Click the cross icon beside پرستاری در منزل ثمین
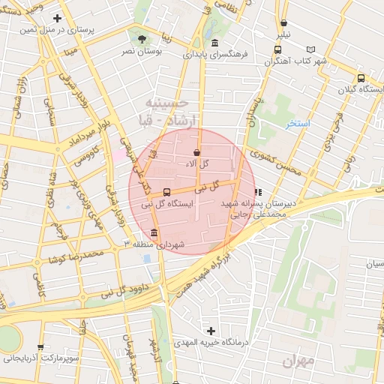click(x=58, y=18)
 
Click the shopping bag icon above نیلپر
click(x=283, y=22)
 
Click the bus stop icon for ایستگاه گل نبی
click(x=166, y=190)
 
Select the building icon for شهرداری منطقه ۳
click(x=154, y=232)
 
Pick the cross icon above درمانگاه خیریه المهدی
click(x=211, y=330)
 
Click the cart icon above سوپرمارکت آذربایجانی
click(x=40, y=347)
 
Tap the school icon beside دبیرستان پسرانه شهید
click(x=258, y=192)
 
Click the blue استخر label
click(x=298, y=124)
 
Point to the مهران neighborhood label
click(x=298, y=363)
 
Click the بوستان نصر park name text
click(x=139, y=52)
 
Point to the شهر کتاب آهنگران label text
click(x=298, y=60)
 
